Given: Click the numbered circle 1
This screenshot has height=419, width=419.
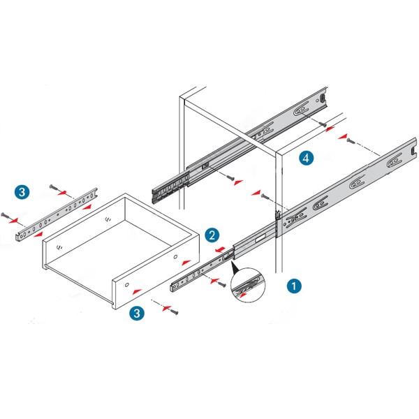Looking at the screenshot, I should tap(295, 286).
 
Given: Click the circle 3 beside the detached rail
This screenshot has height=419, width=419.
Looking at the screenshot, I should tap(22, 191).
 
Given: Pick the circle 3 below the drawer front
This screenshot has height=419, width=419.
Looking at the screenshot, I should tap(137, 313).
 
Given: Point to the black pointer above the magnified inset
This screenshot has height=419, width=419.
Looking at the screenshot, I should tap(234, 266).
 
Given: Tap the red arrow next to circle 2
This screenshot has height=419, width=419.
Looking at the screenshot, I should tap(219, 248).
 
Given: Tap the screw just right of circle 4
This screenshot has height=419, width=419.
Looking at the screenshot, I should tap(350, 141).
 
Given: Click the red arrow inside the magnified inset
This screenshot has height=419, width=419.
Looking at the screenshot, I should tap(242, 295).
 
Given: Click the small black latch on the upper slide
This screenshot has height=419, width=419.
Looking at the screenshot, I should tap(205, 166).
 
